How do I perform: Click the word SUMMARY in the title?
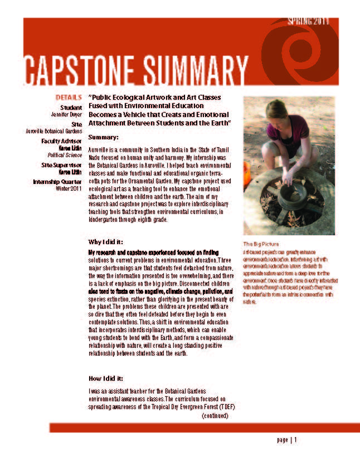coord(192,70)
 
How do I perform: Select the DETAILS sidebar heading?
coord(69,97)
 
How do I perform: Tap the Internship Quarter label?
coord(57,182)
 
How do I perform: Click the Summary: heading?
coord(104,137)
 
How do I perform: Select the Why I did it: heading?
coord(106,241)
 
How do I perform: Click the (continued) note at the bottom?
coord(215,416)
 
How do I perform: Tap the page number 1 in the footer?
coord(296,440)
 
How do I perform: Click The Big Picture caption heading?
coord(260,244)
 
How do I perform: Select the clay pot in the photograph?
coord(292,192)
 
